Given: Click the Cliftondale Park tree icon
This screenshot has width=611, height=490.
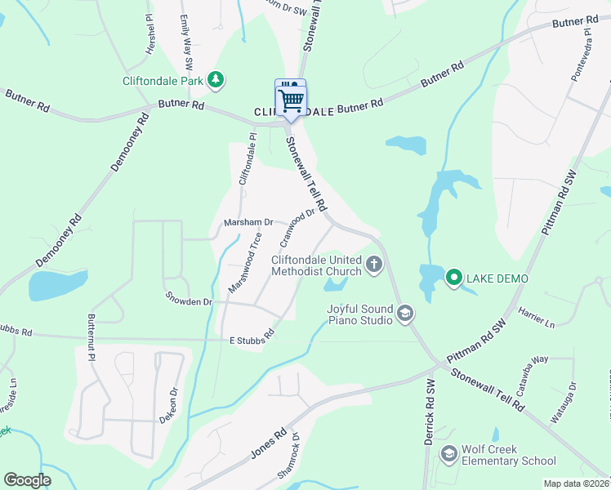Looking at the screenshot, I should [x=216, y=79].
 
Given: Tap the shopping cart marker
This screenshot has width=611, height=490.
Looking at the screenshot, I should [x=291, y=100].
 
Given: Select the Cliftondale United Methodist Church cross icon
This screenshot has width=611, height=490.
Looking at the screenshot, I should [x=374, y=264].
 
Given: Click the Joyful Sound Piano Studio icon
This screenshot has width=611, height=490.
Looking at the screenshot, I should [x=404, y=314].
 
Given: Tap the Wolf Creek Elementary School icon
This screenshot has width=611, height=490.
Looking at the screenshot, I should [x=448, y=454].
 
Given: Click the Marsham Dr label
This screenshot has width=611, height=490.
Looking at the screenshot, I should [x=248, y=222].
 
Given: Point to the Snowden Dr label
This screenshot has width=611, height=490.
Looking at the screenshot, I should [x=189, y=301].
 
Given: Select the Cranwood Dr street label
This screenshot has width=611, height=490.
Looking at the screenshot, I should [x=297, y=228].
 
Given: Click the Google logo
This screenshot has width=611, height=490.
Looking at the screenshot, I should [x=28, y=480].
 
